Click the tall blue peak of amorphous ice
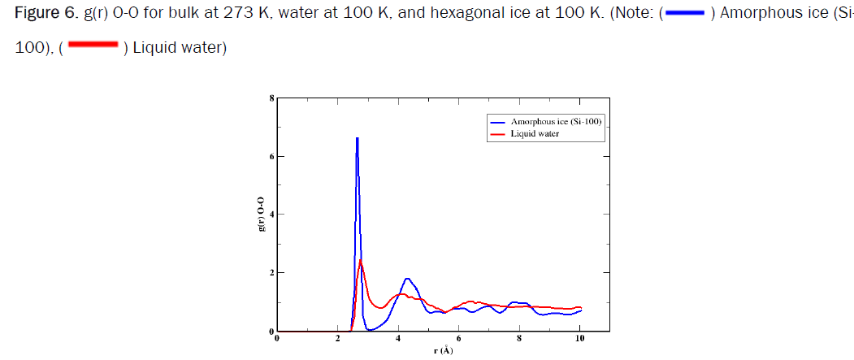(x=357, y=140)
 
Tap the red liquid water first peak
(x=360, y=261)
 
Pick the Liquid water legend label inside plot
(x=535, y=133)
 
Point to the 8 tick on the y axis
(x=272, y=98)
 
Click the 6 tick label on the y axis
(x=272, y=156)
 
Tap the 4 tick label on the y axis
(x=272, y=215)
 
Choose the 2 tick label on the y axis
(x=272, y=273)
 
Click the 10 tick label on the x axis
(x=579, y=338)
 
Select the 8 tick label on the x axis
(x=519, y=338)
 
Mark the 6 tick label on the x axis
(x=458, y=338)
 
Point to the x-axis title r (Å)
(x=443, y=350)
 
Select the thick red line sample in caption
(x=93, y=46)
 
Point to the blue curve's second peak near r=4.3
(x=408, y=280)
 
